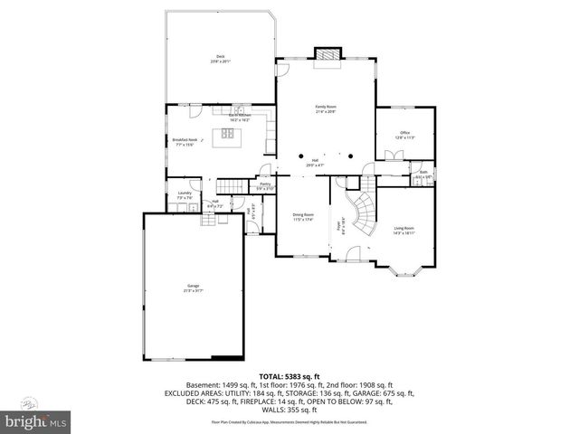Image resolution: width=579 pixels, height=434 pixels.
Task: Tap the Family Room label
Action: tap(326, 108)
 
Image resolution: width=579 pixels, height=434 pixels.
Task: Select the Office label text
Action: tap(404, 135)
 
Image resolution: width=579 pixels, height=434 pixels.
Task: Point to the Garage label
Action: tap(194, 288)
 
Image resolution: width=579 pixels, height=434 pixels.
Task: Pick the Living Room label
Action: tap(404, 230)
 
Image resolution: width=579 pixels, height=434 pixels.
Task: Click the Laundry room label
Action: tap(185, 194)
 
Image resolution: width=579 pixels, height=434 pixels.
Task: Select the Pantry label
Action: tap(265, 186)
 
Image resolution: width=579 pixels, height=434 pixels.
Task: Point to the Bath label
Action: tap(422, 175)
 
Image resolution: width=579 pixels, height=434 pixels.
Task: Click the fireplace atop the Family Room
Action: tap(326, 57)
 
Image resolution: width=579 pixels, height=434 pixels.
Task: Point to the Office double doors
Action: tap(392, 156)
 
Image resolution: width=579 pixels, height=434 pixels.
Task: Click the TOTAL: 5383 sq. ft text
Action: tap(289, 375)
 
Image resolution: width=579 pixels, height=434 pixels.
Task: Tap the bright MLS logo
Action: tap(36, 420)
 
